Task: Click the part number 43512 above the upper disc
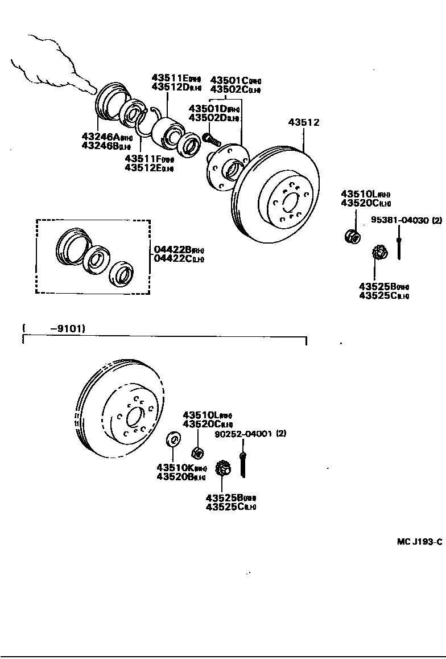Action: tap(303, 122)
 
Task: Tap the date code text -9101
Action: tap(68, 328)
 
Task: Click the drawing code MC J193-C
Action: tap(419, 541)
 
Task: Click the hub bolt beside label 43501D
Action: tap(210, 138)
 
